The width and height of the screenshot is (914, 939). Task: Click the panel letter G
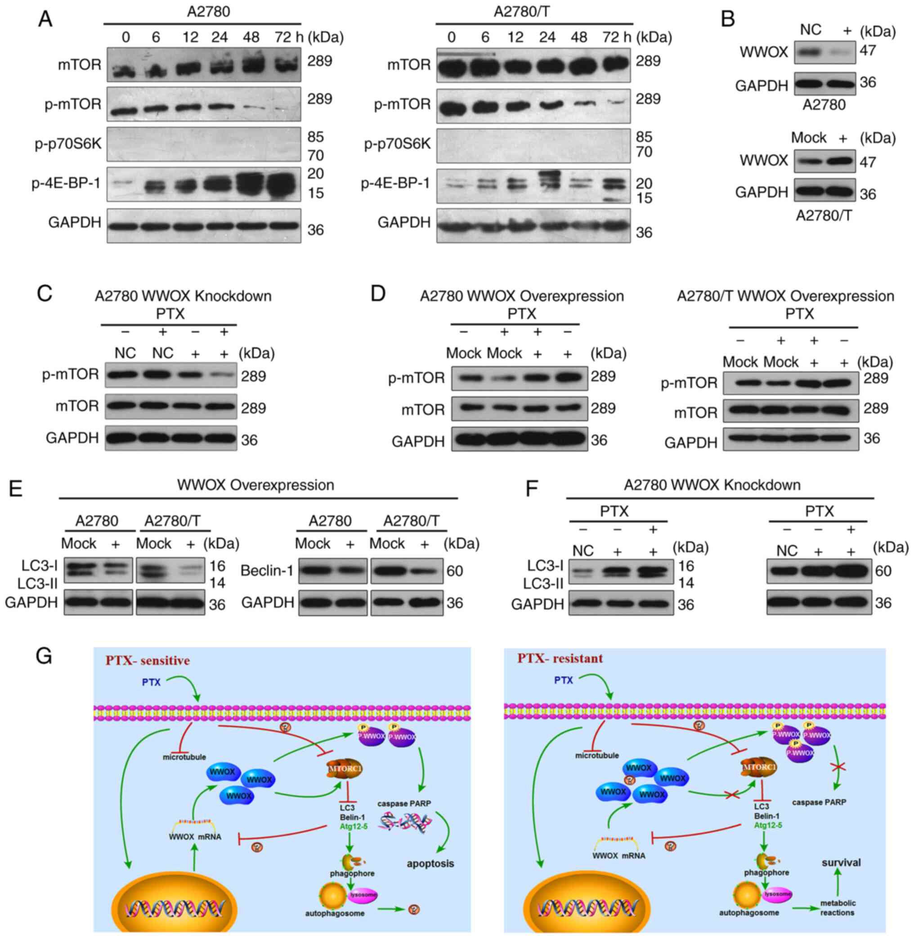(44, 655)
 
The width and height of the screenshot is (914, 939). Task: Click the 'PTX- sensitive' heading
(148, 660)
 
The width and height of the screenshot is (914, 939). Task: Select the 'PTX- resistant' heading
(560, 658)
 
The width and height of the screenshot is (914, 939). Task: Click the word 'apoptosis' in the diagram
(430, 863)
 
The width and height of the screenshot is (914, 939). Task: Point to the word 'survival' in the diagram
(841, 862)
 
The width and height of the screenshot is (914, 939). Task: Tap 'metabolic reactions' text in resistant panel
(838, 908)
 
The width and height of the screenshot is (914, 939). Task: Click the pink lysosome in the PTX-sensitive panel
(363, 895)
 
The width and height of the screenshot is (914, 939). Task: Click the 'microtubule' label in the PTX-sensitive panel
(184, 757)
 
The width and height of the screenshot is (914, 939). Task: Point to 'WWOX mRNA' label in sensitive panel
(195, 837)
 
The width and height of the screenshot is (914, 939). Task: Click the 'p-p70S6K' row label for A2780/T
(397, 144)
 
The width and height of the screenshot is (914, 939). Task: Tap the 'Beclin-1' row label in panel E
(267, 571)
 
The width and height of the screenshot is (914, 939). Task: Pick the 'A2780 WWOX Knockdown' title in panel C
(183, 296)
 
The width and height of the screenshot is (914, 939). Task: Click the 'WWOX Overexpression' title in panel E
(255, 485)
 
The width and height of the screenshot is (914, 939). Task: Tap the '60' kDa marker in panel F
(883, 571)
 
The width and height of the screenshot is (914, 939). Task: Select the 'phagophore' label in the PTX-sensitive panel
(352, 873)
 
